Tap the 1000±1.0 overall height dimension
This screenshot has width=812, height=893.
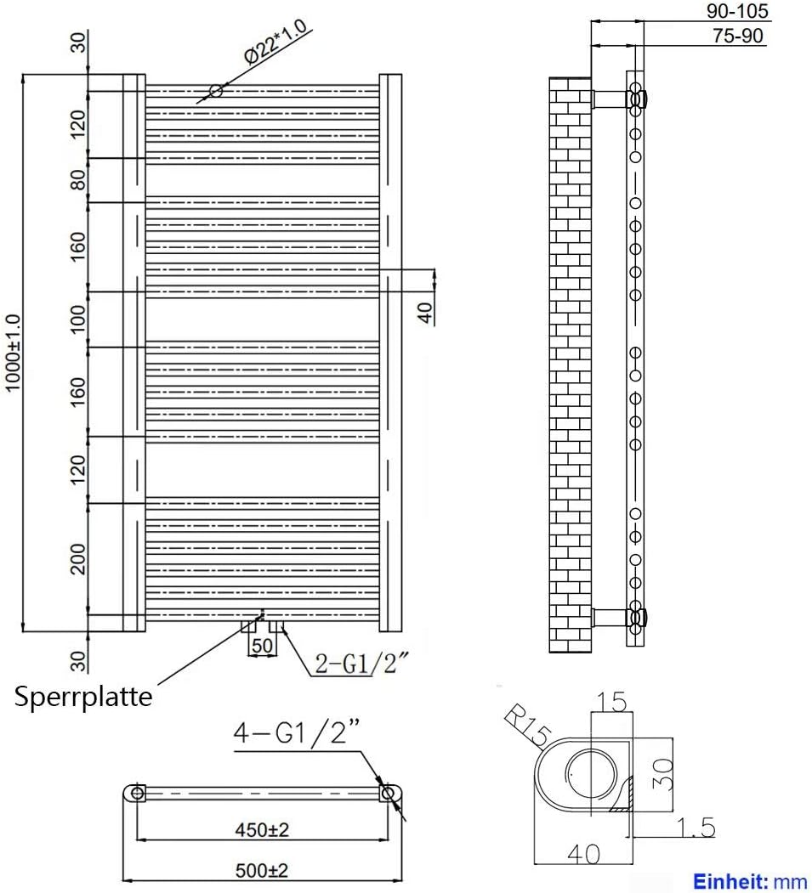(x=13, y=353)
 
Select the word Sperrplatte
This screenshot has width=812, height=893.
(x=83, y=697)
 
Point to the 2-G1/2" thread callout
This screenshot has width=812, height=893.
(x=362, y=663)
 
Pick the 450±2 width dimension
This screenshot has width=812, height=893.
(x=262, y=830)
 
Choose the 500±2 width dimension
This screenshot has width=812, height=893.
(x=262, y=870)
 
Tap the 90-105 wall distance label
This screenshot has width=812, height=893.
(x=737, y=11)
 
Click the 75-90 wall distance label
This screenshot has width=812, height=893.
(x=737, y=36)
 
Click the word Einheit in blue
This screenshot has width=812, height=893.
(x=728, y=883)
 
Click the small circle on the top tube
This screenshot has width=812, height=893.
(x=216, y=90)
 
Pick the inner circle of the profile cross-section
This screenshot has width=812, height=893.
(x=592, y=775)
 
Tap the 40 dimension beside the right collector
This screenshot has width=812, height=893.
(x=425, y=313)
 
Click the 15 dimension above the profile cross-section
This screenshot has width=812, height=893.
(x=611, y=702)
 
